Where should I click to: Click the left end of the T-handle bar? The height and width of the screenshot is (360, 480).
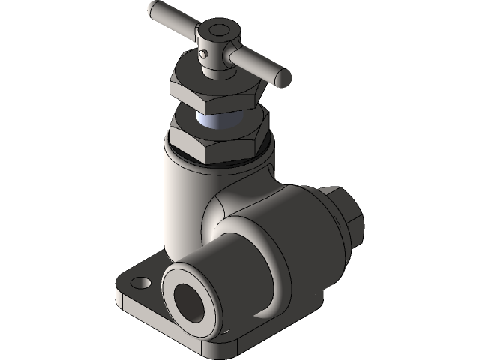(x=152, y=10)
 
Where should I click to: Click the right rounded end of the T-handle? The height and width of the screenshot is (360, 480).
(x=283, y=76)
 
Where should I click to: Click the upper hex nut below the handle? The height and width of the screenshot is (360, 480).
(x=217, y=94)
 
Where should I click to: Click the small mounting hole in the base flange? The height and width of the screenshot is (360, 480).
(x=139, y=283)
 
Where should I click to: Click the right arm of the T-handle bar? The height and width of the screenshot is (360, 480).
(x=259, y=63)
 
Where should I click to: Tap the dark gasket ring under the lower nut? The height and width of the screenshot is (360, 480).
(x=225, y=159)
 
